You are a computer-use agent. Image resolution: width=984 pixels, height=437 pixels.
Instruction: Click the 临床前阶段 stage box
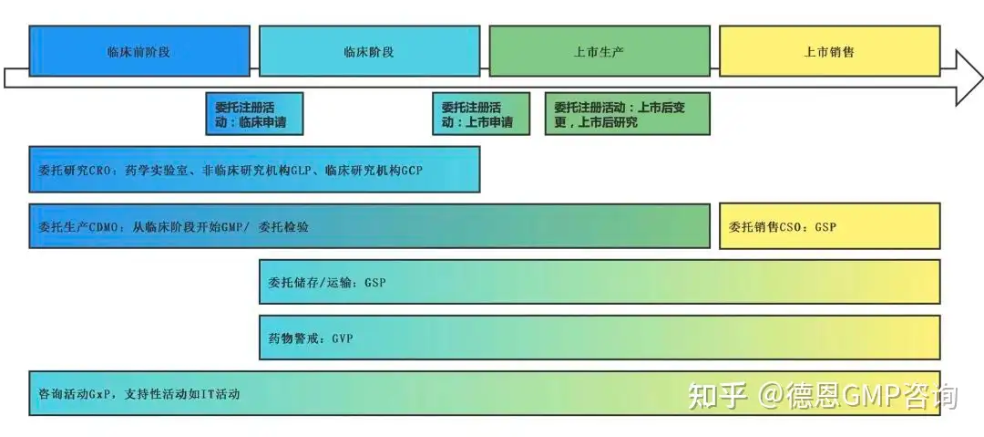tap(138, 51)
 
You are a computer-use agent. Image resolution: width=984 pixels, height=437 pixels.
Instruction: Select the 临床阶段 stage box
tap(369, 51)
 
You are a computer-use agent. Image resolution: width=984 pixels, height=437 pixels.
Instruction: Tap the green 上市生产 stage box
tap(599, 51)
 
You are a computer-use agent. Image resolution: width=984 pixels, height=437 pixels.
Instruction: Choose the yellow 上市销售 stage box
tap(829, 51)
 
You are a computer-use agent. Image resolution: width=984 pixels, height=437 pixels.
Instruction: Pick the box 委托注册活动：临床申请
tap(252, 114)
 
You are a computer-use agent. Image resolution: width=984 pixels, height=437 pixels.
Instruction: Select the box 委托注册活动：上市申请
tap(480, 114)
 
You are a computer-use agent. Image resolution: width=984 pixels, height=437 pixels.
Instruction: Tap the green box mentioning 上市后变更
tap(627, 114)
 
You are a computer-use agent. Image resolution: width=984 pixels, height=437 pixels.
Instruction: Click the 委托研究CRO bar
tap(254, 170)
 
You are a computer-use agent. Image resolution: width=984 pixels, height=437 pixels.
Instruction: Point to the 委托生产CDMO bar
tap(369, 226)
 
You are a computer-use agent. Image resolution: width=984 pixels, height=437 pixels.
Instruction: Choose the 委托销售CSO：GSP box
tap(829, 226)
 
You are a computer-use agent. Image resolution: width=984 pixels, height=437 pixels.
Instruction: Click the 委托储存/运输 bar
tap(599, 282)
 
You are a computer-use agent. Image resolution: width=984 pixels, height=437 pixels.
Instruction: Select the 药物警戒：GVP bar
tap(599, 338)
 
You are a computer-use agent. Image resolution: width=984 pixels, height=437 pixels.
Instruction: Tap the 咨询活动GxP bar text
tap(139, 394)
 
